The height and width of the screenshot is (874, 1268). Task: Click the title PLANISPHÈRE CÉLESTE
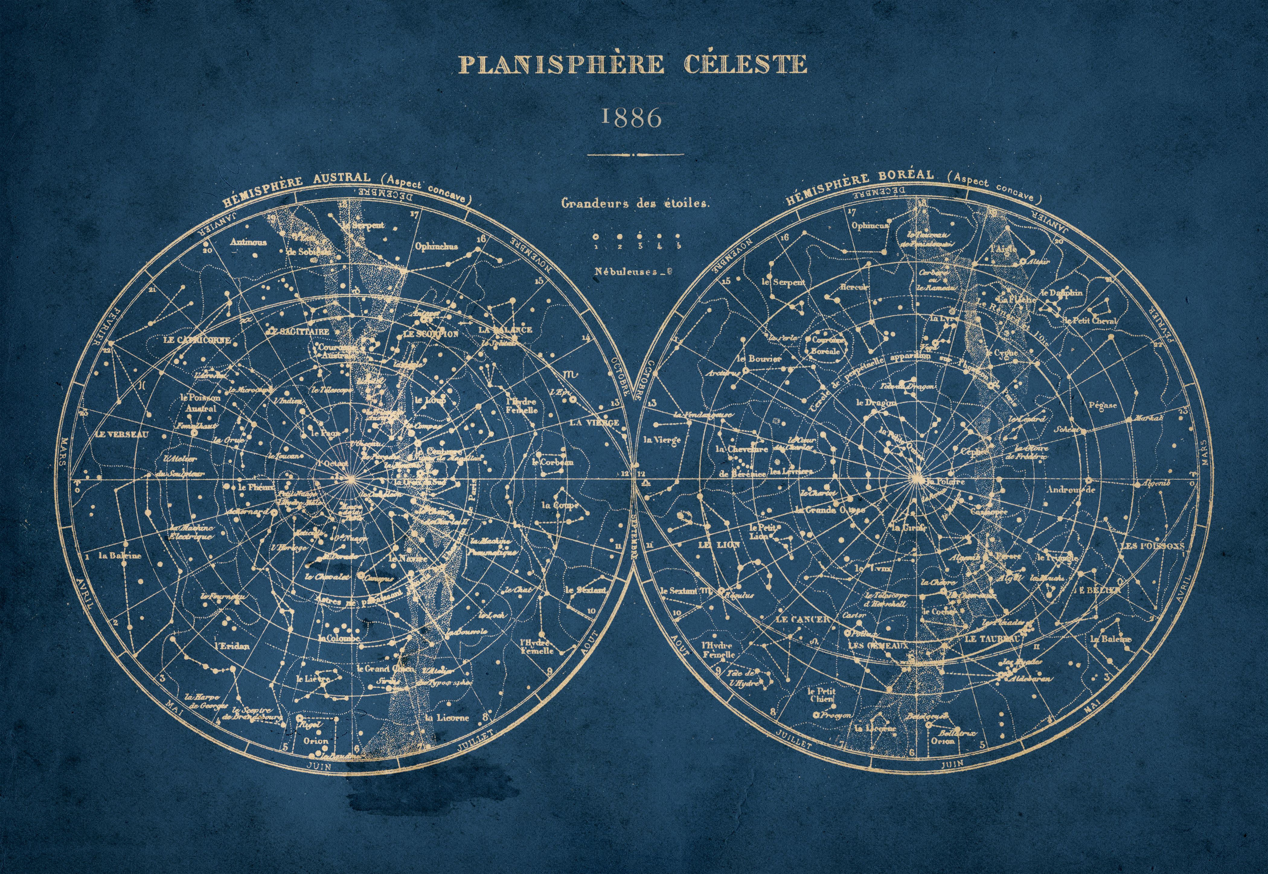pos(632,64)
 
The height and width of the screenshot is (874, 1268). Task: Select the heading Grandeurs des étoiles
pos(635,203)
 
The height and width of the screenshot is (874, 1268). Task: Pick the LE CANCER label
pos(803,619)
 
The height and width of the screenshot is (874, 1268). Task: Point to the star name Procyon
pos(837,715)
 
